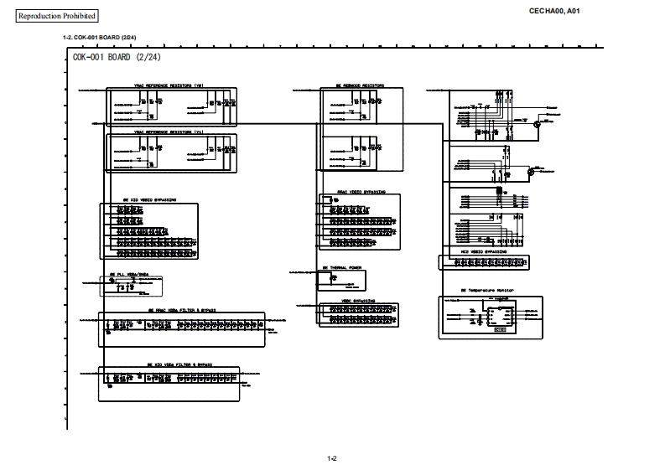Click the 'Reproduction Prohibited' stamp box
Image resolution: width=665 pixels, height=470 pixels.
[x=57, y=16]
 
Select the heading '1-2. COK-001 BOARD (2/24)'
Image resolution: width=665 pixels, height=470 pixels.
[x=100, y=39]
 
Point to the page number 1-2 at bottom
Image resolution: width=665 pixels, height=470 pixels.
[x=332, y=457]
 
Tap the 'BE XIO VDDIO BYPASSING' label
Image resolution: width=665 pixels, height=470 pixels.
[x=143, y=201]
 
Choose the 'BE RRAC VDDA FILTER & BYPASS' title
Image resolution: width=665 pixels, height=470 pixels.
[x=181, y=309]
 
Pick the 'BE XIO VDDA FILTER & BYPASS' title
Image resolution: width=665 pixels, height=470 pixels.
[x=179, y=364]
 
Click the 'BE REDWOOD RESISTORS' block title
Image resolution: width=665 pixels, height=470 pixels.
[x=361, y=85]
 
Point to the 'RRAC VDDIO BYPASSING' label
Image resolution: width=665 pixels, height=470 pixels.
[x=361, y=192]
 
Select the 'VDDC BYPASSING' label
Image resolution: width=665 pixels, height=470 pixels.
[x=357, y=298]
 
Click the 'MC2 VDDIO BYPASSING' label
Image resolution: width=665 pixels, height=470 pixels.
[x=484, y=250]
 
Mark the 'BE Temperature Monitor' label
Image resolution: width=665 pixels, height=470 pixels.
[x=486, y=291]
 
